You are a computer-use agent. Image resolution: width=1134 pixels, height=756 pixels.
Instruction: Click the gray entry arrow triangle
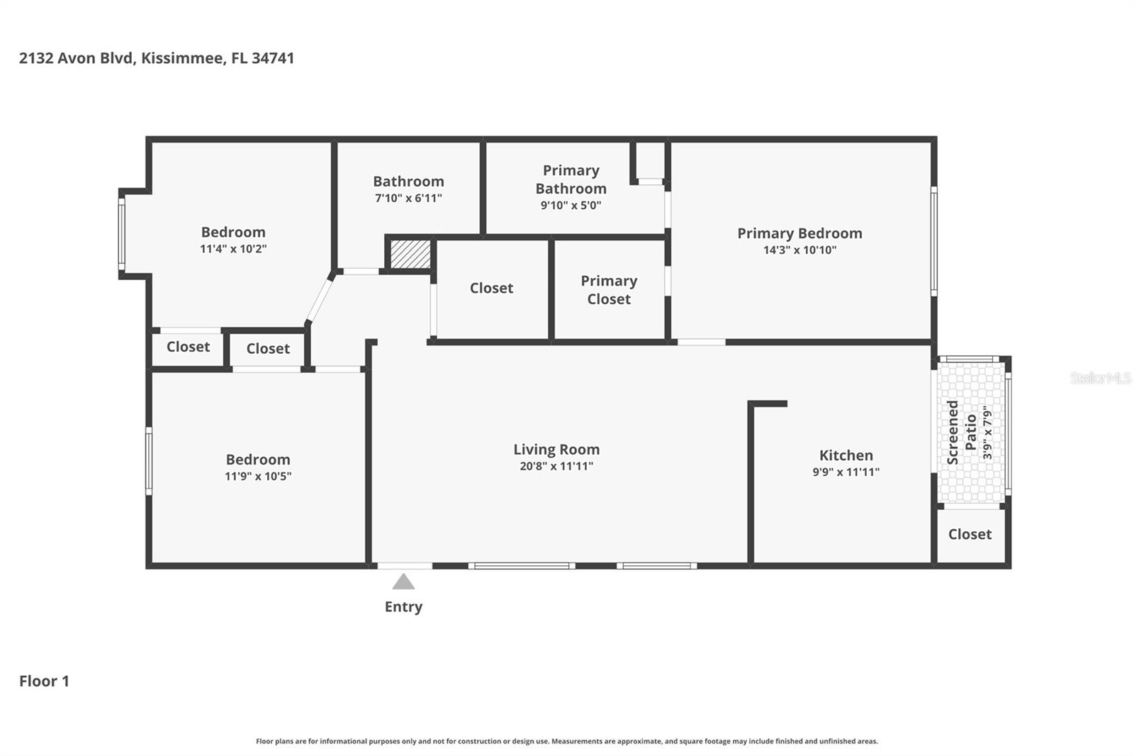click(403, 582)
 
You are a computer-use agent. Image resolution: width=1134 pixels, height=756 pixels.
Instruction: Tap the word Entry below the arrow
click(403, 606)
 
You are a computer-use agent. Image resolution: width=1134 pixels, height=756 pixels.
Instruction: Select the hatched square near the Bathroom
click(410, 254)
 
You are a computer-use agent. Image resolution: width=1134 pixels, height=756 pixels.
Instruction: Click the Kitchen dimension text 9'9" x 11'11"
click(846, 472)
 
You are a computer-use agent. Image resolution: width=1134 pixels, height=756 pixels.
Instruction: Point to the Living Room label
click(556, 449)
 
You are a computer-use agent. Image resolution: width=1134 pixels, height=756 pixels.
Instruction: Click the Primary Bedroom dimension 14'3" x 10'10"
click(799, 250)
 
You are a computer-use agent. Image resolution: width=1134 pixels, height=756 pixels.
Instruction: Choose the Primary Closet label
click(609, 289)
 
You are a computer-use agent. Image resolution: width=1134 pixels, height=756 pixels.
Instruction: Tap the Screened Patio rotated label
click(962, 432)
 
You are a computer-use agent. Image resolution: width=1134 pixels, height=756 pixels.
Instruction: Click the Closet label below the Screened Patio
click(970, 534)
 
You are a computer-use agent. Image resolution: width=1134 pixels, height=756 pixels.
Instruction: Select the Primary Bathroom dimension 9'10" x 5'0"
click(571, 205)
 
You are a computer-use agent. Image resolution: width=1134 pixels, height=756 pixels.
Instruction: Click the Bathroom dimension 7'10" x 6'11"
click(408, 198)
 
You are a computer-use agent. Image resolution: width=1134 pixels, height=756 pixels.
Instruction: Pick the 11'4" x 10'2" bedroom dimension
click(233, 248)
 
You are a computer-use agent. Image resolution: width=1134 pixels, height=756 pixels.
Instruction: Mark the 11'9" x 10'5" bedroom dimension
click(258, 476)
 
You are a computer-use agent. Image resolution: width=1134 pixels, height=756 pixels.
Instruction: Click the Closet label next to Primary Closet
click(491, 288)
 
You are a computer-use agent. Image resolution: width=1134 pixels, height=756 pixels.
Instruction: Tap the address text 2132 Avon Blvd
click(77, 58)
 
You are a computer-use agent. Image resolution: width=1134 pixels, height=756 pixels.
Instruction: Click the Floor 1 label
click(44, 681)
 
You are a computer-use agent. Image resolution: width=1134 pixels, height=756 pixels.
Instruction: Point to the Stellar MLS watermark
click(1100, 378)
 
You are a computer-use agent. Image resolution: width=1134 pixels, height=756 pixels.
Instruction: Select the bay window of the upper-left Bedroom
click(122, 234)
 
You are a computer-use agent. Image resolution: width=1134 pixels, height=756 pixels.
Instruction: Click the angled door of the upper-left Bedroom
click(320, 299)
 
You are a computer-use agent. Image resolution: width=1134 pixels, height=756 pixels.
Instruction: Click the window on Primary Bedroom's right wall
click(933, 241)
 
